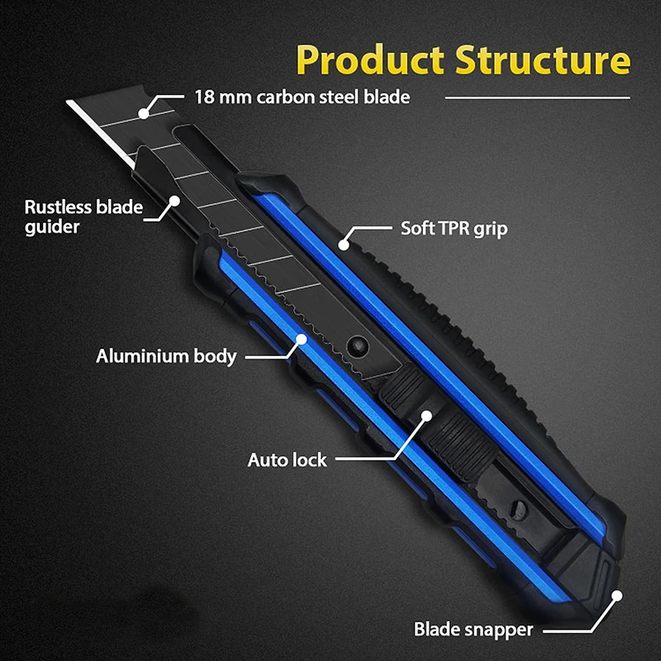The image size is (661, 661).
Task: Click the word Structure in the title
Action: coord(542,62)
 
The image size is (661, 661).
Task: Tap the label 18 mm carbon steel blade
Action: coord(302,97)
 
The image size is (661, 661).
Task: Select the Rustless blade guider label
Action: coord(83,216)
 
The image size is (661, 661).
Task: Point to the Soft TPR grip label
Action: coord(454,227)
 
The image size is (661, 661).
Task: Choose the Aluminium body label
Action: coord(166,357)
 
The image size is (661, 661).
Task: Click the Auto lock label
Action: coord(288,459)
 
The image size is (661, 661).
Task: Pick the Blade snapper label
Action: coord(473,630)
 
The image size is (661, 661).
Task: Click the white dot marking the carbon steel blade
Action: coord(145,110)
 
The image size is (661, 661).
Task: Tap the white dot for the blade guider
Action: coord(174,201)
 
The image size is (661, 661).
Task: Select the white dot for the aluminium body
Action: coord(302,339)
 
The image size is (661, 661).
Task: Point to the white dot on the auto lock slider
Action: coord(426,415)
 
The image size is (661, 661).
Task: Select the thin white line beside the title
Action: coord(537,97)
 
